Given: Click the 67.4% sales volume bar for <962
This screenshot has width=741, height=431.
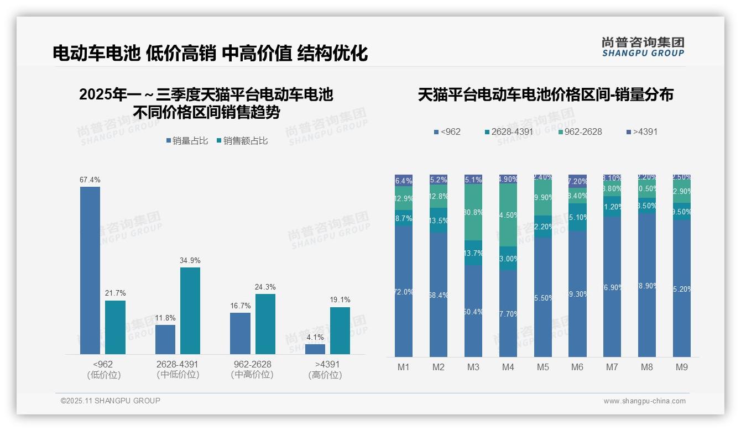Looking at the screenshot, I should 90,270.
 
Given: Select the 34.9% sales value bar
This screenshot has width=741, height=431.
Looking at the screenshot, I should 190,311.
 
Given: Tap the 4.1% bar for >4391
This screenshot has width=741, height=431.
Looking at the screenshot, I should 315,349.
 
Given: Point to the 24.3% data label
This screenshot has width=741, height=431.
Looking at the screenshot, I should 265,287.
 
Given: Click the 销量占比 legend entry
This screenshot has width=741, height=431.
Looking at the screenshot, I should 187,141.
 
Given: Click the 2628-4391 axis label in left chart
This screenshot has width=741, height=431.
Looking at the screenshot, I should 177,365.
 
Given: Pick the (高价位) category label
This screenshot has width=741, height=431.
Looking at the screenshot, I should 325,375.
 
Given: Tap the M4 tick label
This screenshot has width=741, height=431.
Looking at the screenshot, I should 508,367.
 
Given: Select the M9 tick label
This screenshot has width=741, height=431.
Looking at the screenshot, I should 682,367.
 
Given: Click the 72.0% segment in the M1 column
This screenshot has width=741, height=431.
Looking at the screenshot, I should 404,291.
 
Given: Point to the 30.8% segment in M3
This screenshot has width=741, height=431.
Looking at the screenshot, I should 473,212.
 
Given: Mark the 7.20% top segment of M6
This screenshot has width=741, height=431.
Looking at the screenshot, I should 577,181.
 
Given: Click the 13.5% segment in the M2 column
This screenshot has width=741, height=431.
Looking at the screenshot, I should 439,220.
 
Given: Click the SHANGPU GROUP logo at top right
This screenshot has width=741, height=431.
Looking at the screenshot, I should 643,47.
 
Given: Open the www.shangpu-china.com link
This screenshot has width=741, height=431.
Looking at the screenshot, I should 644,401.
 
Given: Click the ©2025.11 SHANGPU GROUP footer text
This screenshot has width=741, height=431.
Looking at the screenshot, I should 111,401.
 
